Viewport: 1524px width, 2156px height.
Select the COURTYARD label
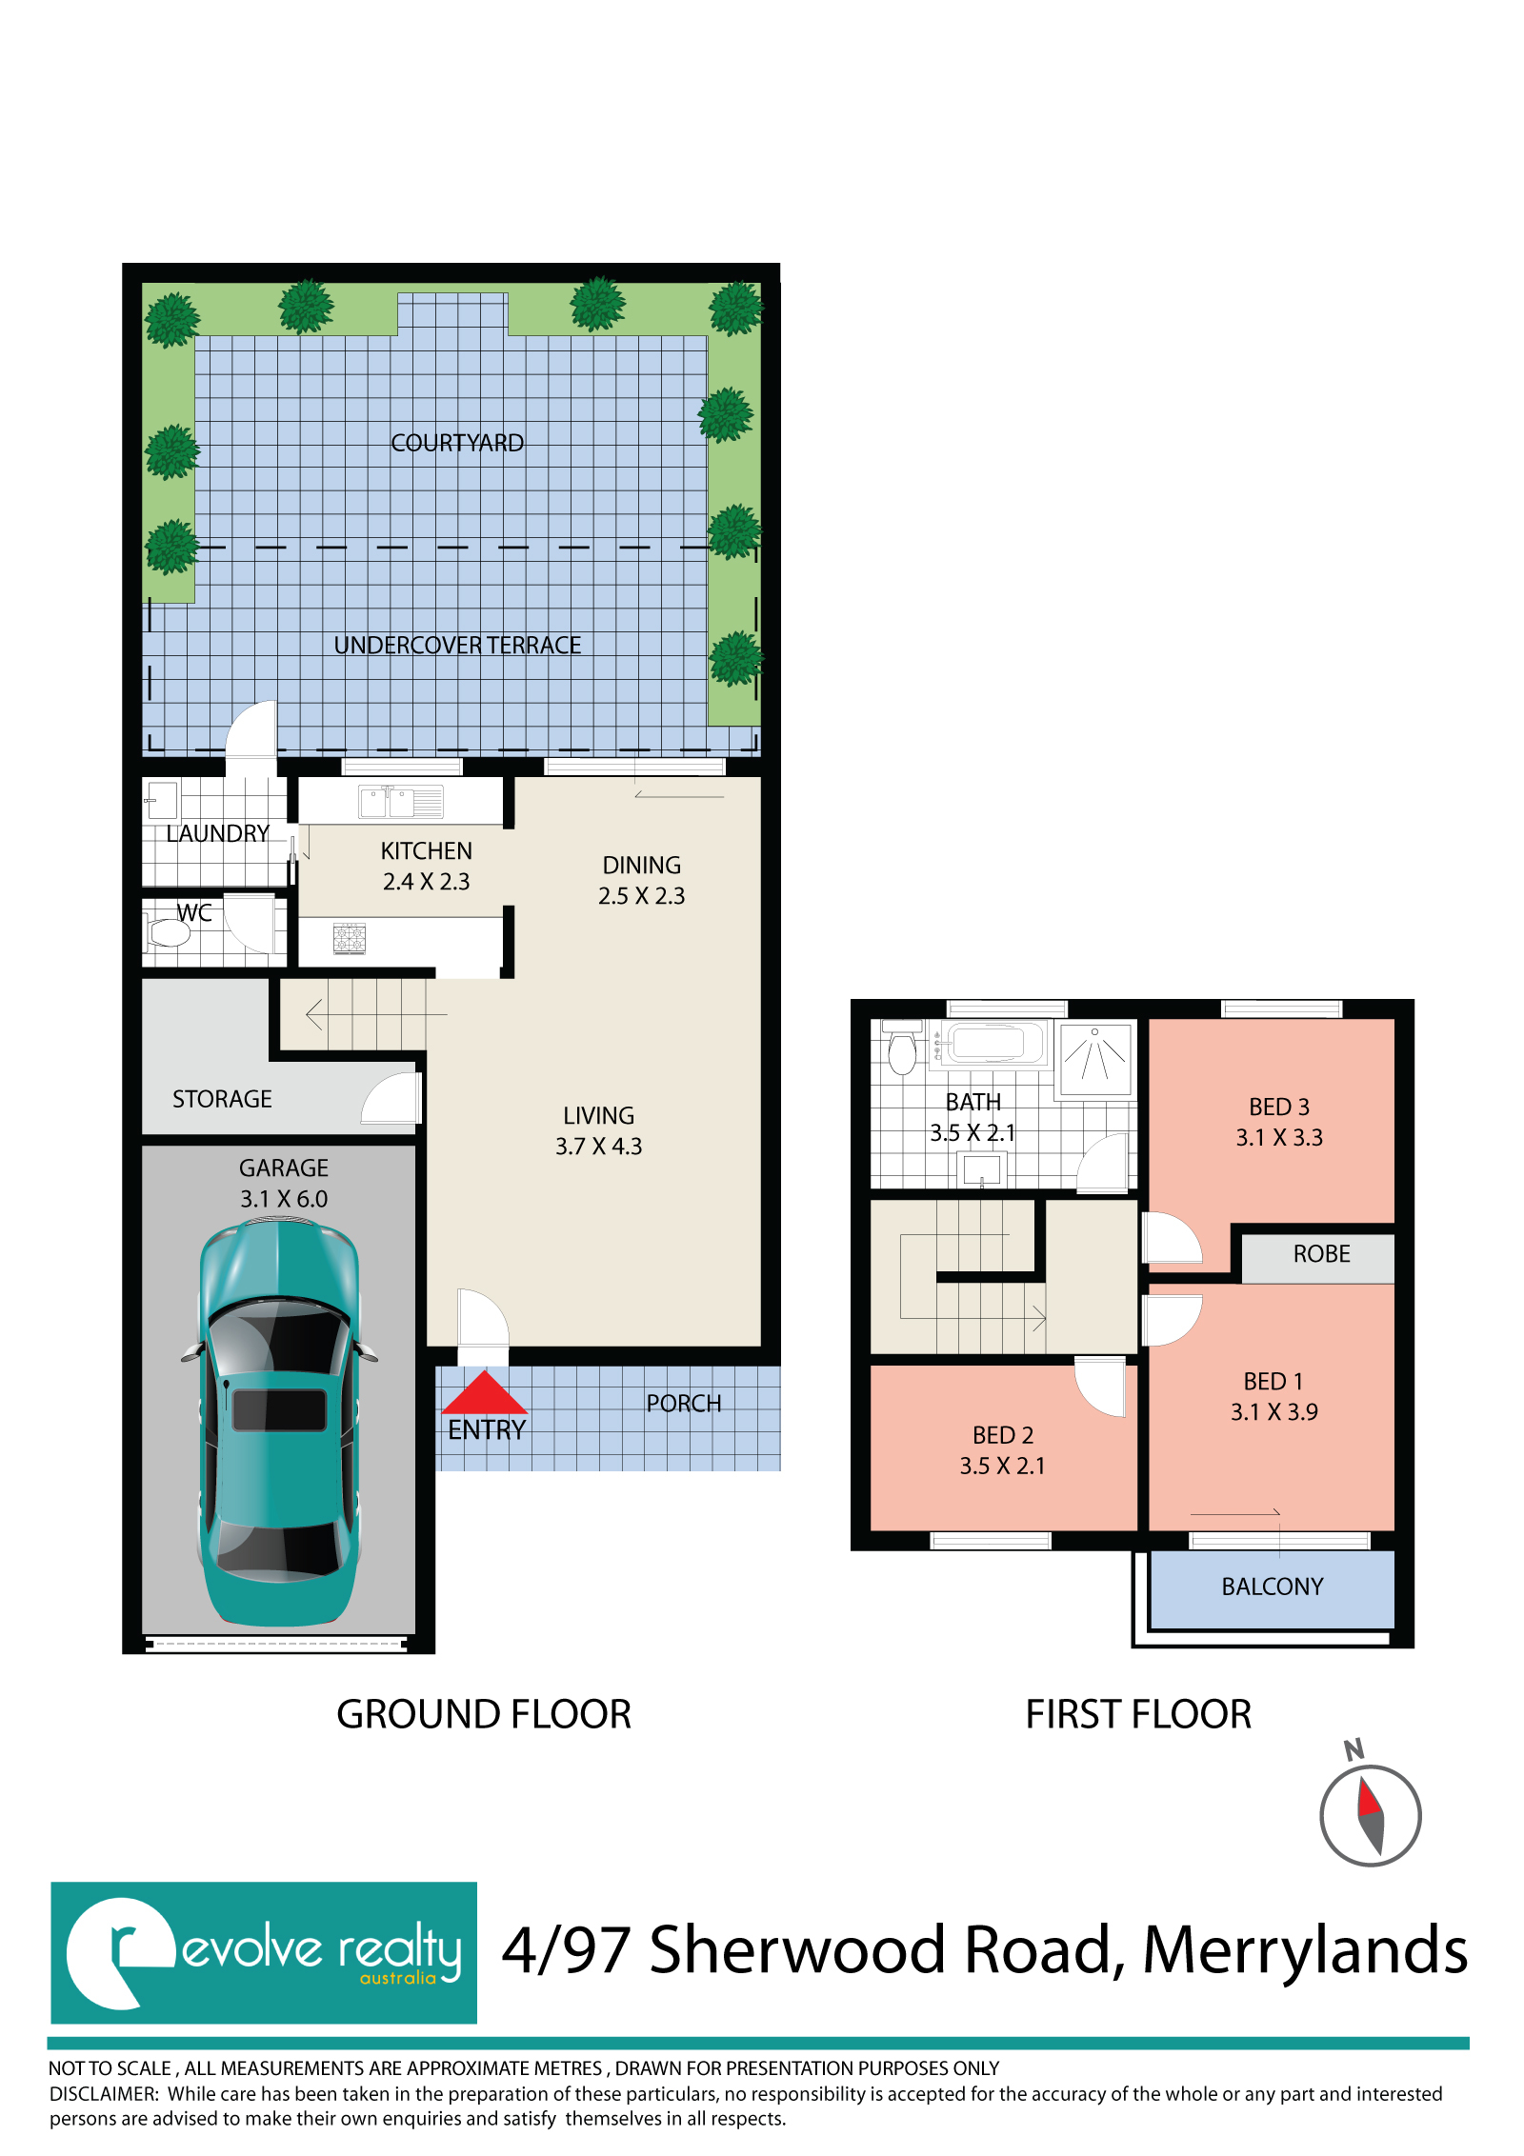[457, 443]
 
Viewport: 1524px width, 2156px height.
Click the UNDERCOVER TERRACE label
[457, 645]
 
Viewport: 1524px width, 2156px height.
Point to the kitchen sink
[401, 802]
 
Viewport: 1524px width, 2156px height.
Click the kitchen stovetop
[350, 938]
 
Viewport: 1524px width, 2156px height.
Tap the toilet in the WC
[167, 931]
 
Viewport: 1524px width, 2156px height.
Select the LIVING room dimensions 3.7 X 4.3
[599, 1146]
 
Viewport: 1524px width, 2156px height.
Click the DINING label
[642, 865]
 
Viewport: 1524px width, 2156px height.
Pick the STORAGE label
[222, 1099]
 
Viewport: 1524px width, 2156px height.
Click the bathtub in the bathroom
[991, 1043]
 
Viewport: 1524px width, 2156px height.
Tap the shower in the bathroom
[1095, 1058]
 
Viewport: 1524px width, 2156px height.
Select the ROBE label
[1322, 1253]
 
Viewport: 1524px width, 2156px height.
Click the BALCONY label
[1273, 1587]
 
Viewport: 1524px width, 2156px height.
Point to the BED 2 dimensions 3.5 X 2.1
[1003, 1466]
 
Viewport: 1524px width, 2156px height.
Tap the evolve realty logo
[264, 1952]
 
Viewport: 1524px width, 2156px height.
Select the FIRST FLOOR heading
[1138, 1714]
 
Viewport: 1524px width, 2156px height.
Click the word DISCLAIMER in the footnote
[104, 2093]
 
